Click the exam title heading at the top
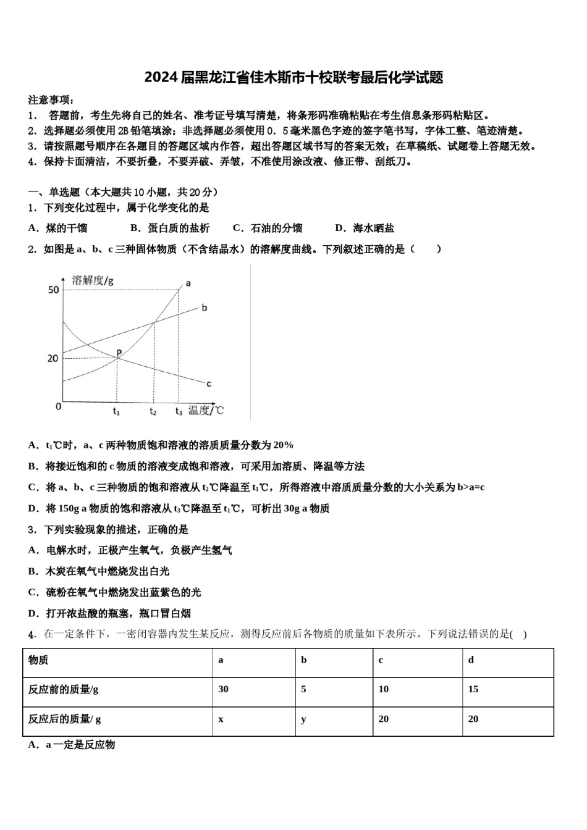point(293,78)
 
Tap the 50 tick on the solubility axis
point(53,290)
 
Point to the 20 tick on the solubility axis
point(53,358)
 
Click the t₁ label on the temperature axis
point(116,411)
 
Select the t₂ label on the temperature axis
point(153,411)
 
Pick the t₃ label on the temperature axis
point(179,411)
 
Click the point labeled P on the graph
point(118,353)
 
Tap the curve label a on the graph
point(188,283)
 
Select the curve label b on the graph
point(205,308)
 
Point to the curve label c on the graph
point(209,384)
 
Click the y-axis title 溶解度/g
point(93,280)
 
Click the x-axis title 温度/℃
point(206,410)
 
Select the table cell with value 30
point(224,689)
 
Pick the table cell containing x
point(221,719)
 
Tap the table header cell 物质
point(38,660)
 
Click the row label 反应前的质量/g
point(63,689)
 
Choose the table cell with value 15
point(473,689)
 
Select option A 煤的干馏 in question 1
point(58,228)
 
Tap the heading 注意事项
point(51,100)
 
